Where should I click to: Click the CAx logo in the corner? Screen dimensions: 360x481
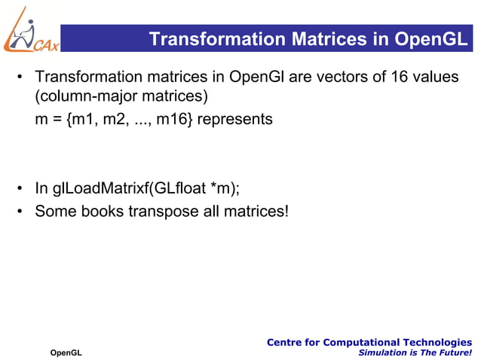30,30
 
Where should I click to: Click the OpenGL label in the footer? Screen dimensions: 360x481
66,352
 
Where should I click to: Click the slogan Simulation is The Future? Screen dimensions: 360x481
415,352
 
